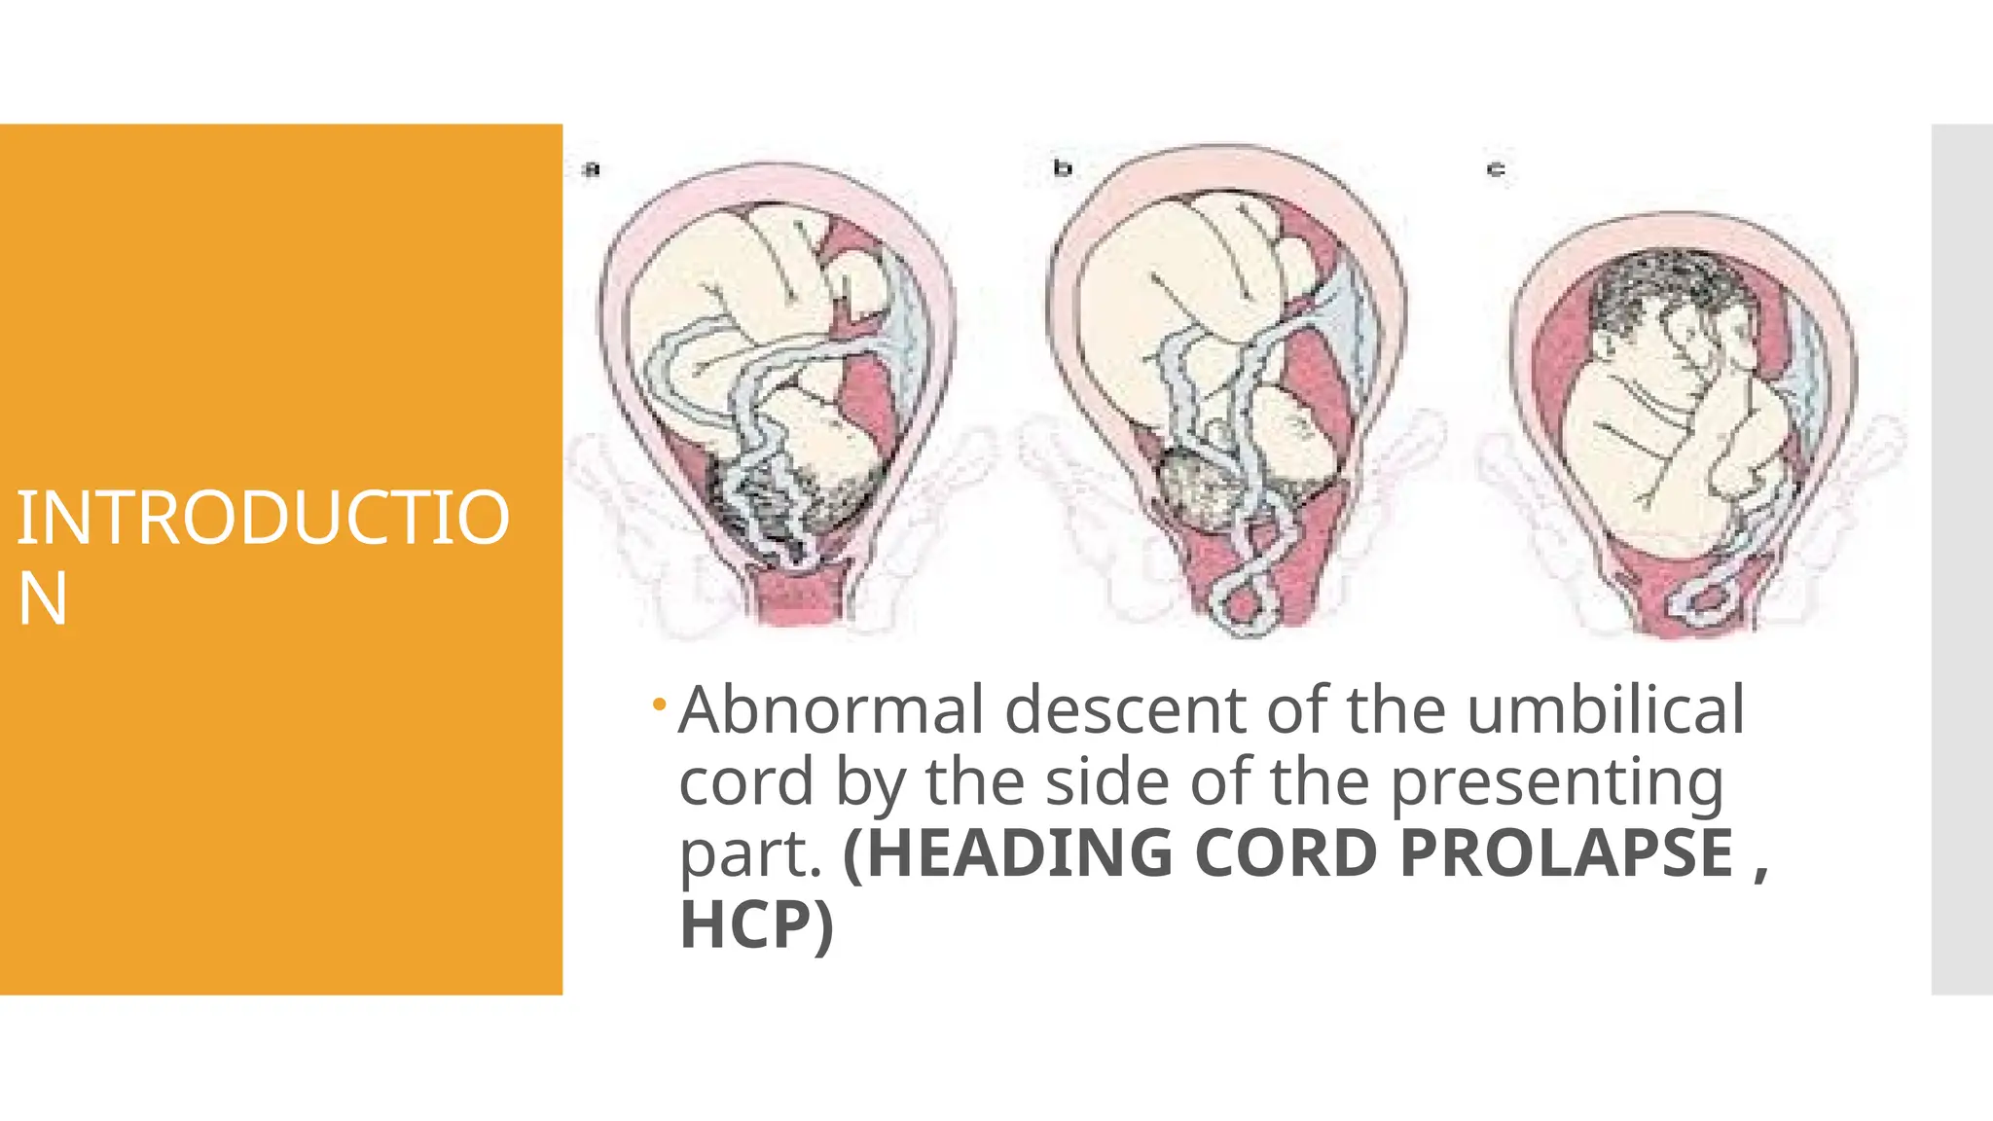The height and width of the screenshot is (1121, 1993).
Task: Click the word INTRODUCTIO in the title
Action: pos(263,518)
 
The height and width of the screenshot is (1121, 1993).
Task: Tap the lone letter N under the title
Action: pos(42,599)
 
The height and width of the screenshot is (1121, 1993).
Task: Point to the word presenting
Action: pos(1557,783)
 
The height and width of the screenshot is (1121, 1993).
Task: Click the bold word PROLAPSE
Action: pos(1567,853)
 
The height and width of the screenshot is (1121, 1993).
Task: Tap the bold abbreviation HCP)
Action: pos(756,924)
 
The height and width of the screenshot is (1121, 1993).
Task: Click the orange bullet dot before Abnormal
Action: pos(660,704)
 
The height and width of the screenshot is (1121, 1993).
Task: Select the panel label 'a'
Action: pos(592,169)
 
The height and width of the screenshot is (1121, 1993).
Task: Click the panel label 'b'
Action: pos(1063,169)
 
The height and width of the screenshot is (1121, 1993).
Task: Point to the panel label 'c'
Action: pos(1496,170)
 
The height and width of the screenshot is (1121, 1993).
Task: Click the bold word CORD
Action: pos(1285,853)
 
